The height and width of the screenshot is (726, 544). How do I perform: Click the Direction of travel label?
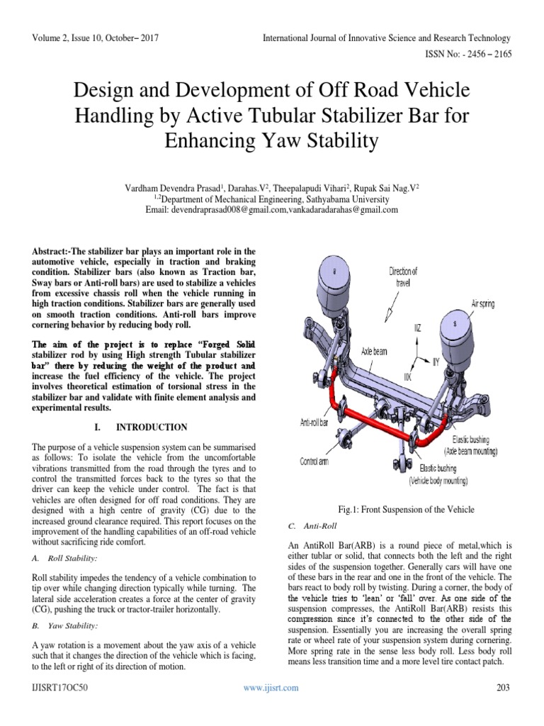tap(403, 277)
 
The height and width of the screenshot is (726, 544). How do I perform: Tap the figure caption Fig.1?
tap(406, 509)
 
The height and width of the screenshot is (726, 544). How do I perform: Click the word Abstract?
tap(54, 252)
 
